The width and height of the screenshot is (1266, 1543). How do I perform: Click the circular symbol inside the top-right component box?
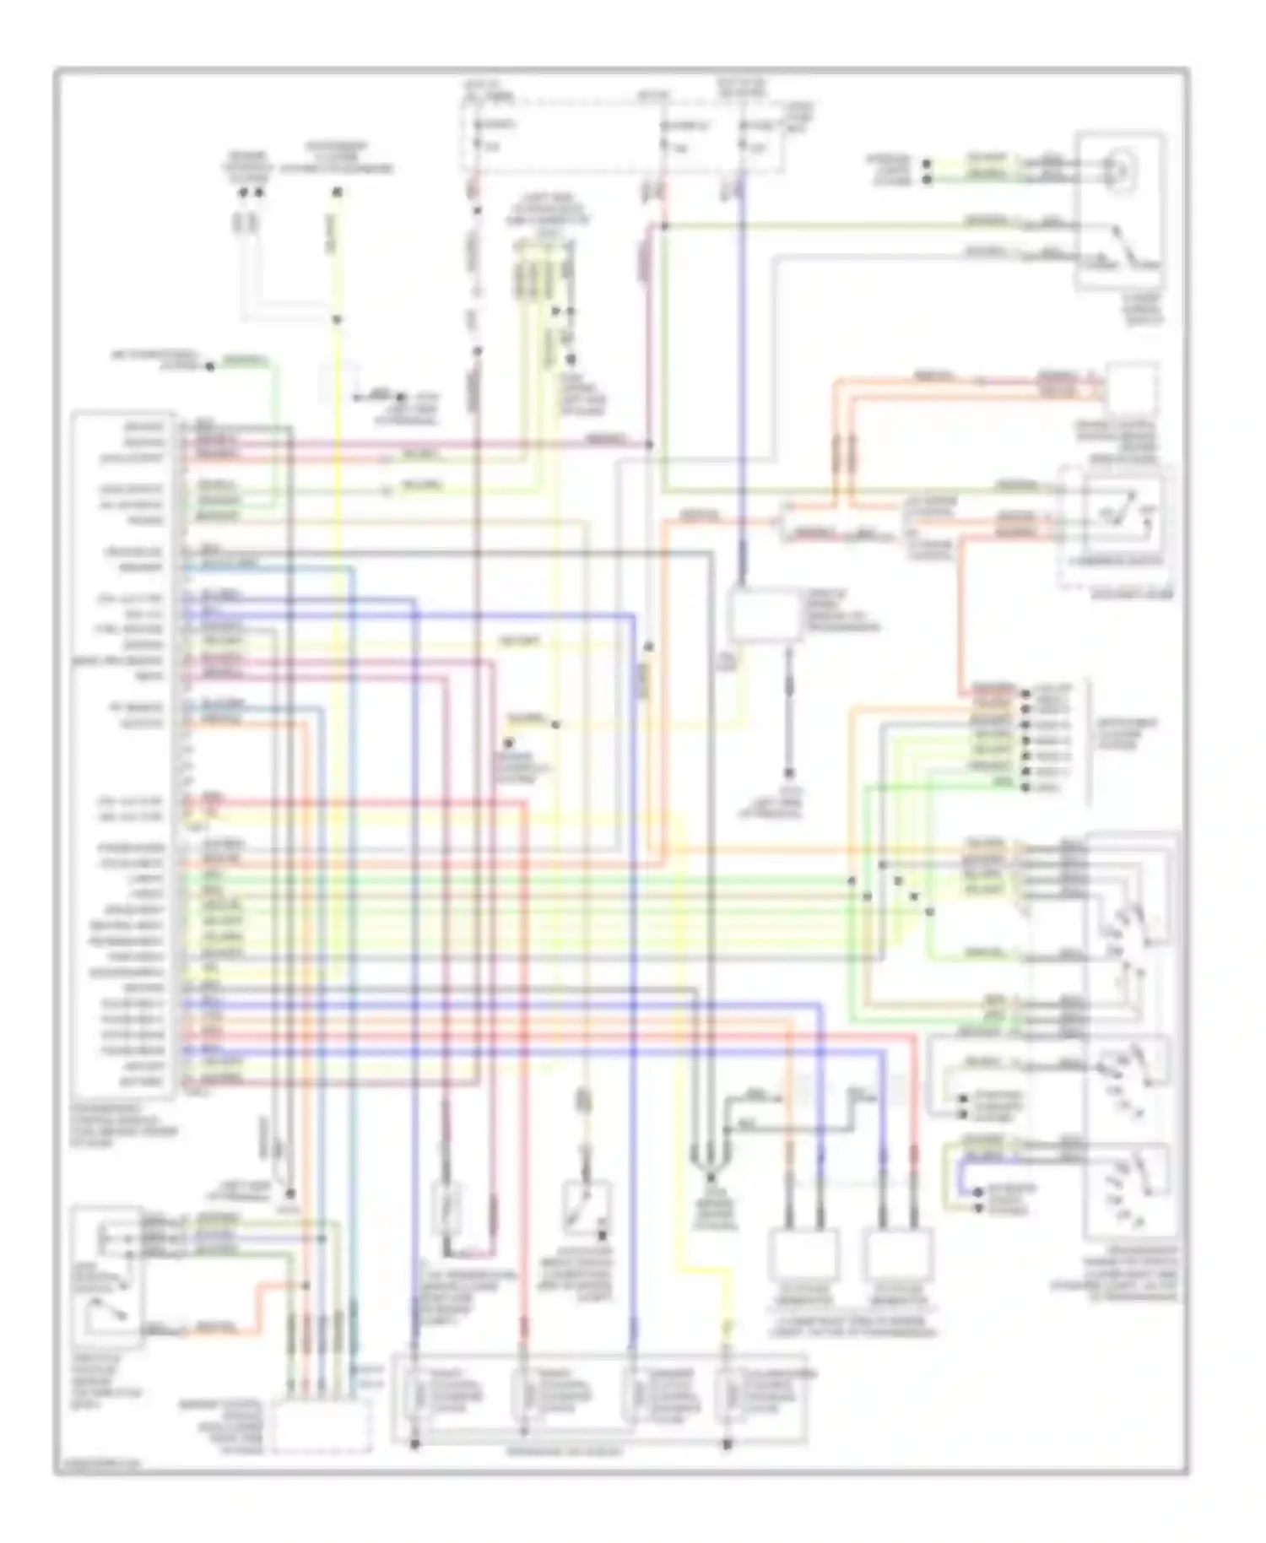[1122, 169]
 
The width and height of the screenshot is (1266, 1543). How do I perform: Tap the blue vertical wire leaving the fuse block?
[743, 380]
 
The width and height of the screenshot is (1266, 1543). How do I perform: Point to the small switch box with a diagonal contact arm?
[587, 1207]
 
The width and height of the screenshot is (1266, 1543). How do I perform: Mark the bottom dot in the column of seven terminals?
[1025, 788]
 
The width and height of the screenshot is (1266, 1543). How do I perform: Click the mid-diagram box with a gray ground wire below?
[764, 616]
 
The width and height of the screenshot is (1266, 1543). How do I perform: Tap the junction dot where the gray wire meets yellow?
[336, 320]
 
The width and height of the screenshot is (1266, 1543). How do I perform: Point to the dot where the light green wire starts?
[210, 366]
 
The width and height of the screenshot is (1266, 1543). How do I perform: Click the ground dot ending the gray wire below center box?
[789, 773]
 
